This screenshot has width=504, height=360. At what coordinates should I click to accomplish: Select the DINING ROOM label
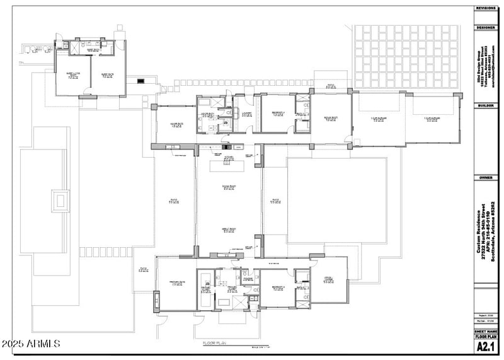pos(228,187)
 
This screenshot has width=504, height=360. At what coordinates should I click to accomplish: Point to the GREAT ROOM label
pos(228,230)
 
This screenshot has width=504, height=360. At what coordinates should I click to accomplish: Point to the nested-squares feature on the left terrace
pos(61,201)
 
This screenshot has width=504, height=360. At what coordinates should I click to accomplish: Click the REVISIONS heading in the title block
pos(486,8)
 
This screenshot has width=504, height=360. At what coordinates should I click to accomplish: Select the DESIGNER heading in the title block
pos(486,28)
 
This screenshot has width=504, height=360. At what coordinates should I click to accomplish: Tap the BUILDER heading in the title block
pos(486,105)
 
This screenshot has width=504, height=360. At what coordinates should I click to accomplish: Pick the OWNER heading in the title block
pos(486,178)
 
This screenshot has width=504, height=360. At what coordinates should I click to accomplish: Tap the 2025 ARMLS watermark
pos(30,344)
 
